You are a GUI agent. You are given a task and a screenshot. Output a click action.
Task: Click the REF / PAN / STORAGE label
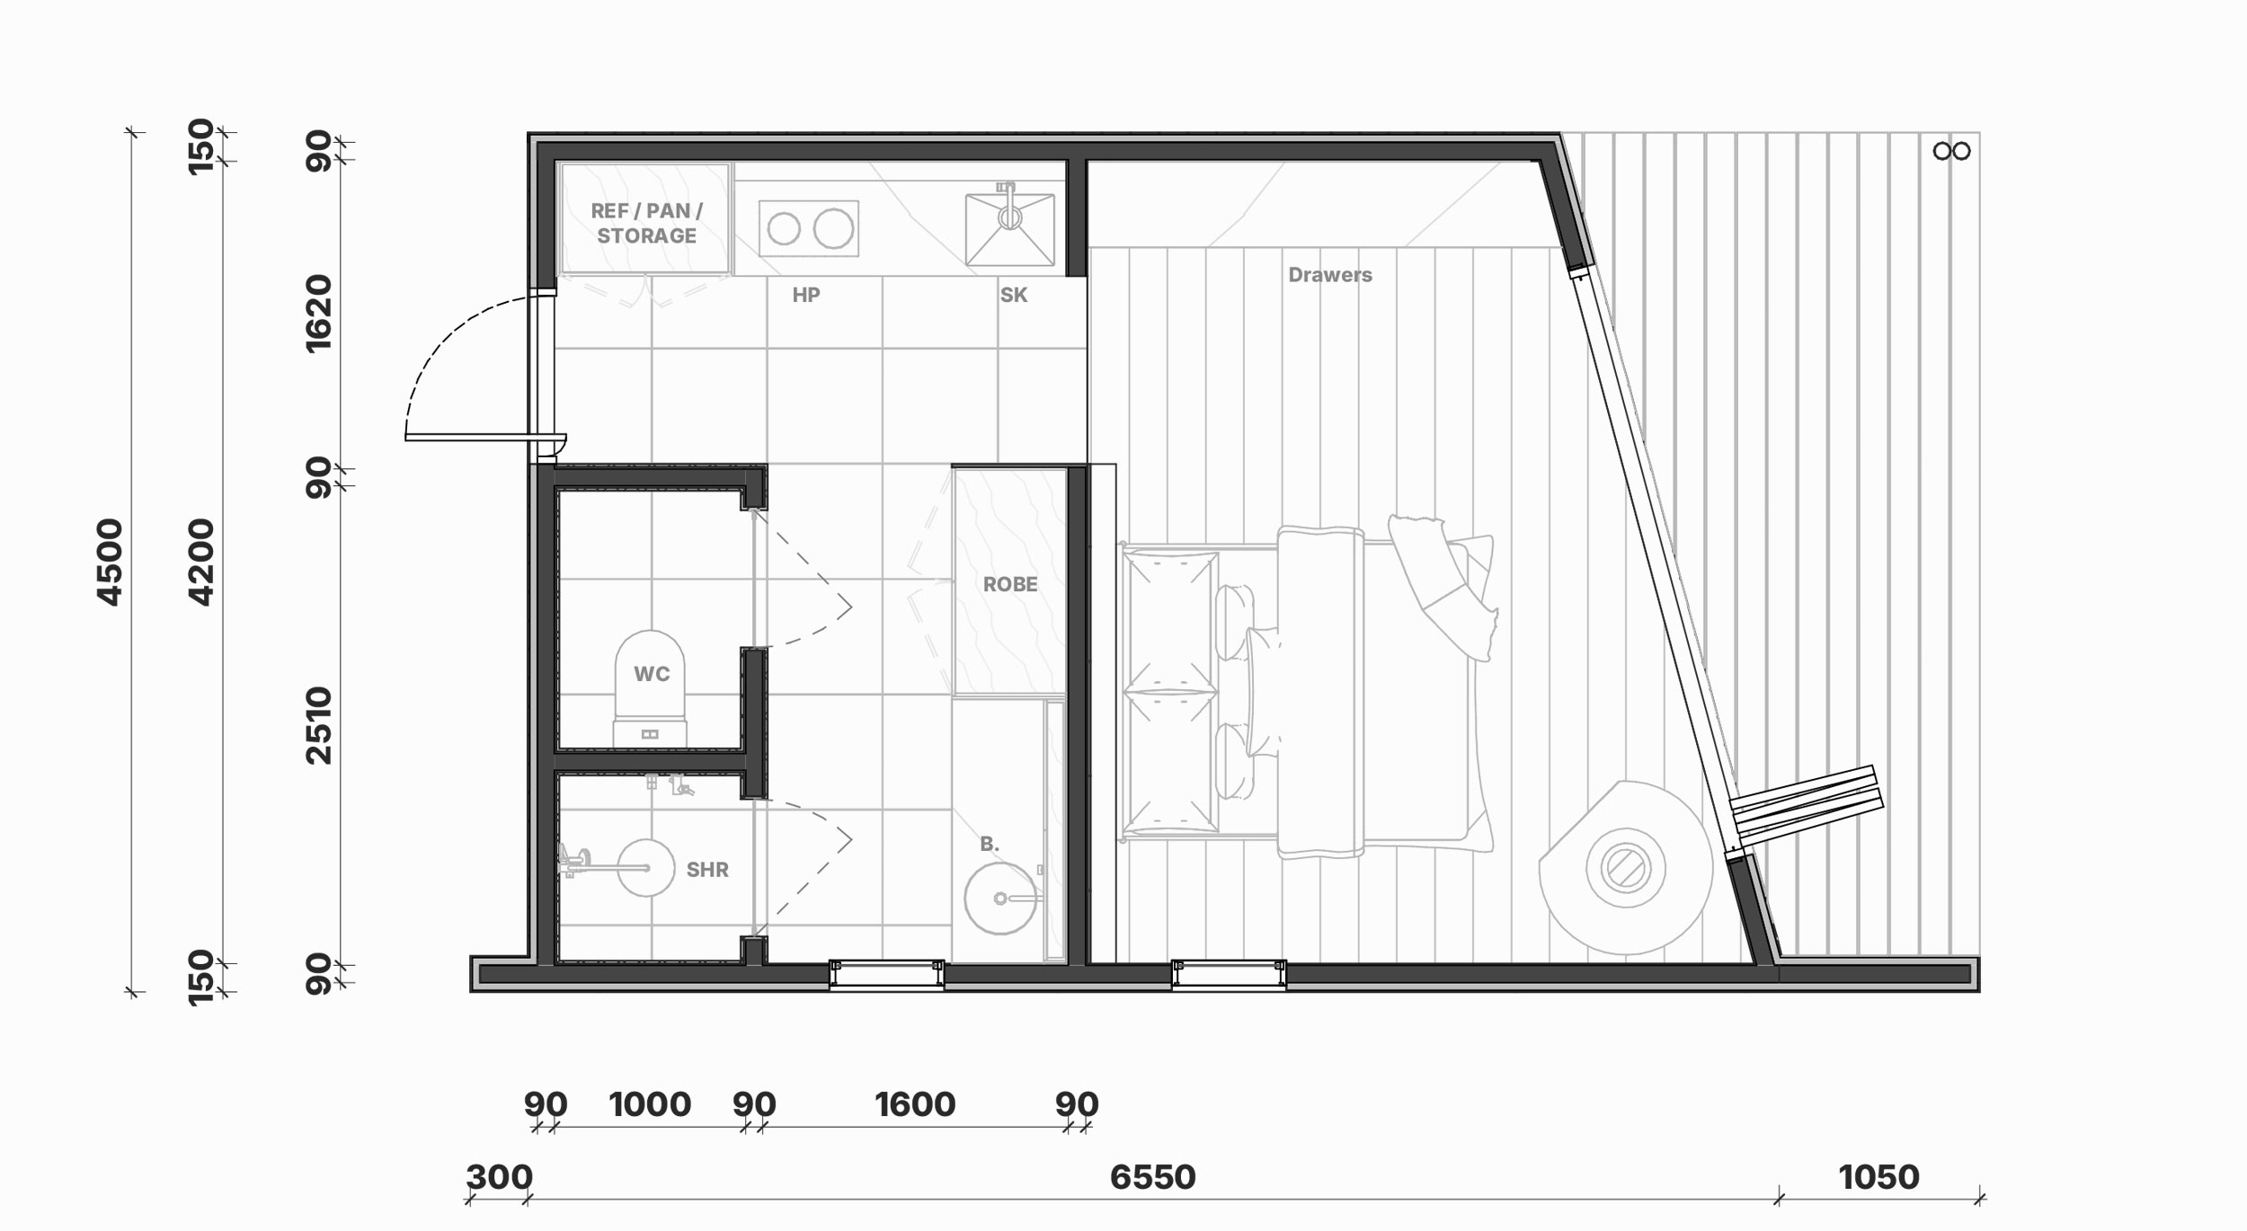[646, 223]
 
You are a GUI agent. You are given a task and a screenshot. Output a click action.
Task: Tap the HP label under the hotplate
[806, 295]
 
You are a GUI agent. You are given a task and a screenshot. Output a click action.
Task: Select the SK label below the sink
[1014, 295]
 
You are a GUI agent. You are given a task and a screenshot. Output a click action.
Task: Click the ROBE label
[1010, 584]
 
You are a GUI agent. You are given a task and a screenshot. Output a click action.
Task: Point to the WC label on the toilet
[652, 674]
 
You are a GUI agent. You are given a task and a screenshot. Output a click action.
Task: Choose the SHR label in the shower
[707, 870]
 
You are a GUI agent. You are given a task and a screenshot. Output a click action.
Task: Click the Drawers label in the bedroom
[1330, 275]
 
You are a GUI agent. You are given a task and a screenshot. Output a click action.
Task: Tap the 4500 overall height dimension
[109, 562]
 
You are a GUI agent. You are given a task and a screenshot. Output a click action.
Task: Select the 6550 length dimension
[1153, 1177]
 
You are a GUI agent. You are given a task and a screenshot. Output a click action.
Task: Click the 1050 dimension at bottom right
[1879, 1177]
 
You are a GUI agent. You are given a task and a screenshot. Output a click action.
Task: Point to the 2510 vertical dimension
[319, 726]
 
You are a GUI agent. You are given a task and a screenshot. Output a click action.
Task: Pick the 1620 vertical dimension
[319, 314]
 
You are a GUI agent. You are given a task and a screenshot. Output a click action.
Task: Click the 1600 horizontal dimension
[915, 1104]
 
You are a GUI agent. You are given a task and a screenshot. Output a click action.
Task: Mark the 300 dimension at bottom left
[500, 1177]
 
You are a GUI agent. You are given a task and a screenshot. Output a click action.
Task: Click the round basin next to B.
[1000, 899]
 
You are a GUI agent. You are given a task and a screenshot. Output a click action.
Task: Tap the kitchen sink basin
[1010, 229]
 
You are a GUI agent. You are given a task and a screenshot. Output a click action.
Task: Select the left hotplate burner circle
[784, 229]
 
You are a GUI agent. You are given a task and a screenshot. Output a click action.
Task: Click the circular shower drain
[645, 868]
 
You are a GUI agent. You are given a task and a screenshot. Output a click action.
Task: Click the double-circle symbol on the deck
[1952, 151]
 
